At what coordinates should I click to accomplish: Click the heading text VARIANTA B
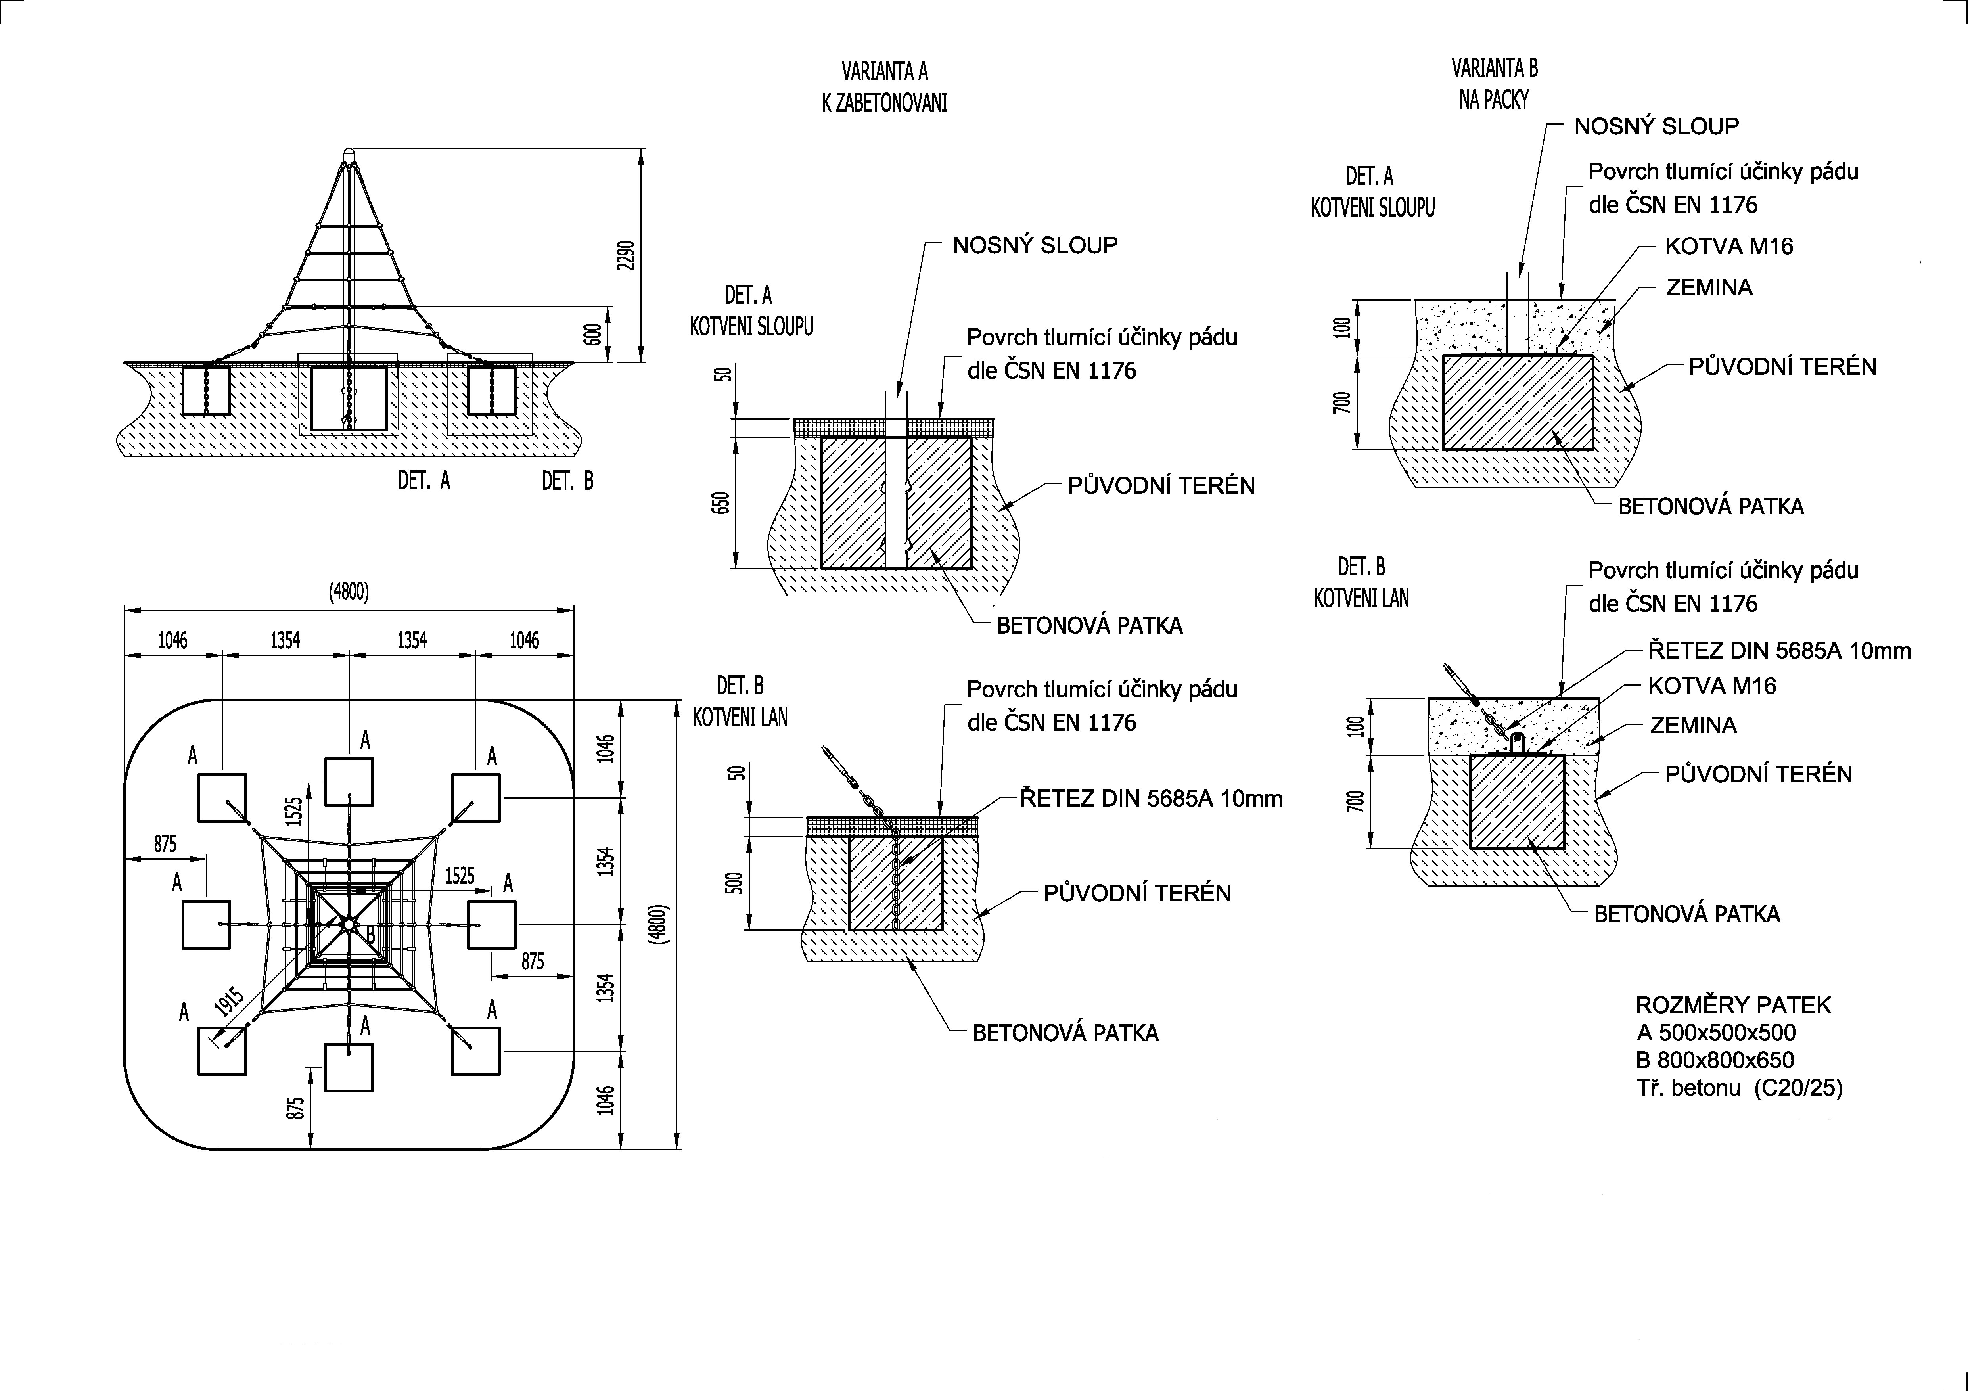point(1494,68)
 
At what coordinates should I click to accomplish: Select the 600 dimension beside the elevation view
point(590,334)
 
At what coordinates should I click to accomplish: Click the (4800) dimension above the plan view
point(349,591)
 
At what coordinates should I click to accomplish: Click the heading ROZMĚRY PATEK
point(1733,1004)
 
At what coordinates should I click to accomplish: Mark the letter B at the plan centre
point(370,933)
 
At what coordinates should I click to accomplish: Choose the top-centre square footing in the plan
point(349,782)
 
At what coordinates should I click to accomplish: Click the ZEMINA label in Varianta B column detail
point(1708,287)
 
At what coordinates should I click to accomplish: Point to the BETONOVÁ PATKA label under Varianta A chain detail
point(1065,1033)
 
